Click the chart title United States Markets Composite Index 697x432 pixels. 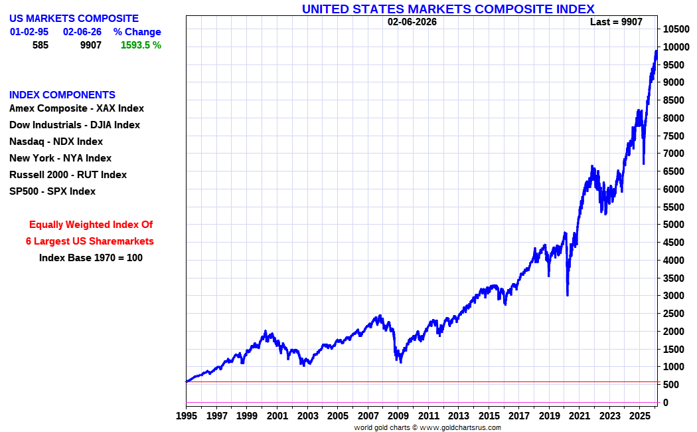(x=448, y=9)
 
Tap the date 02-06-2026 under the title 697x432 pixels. (x=412, y=22)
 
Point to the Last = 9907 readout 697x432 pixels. (x=616, y=22)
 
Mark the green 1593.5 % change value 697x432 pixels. (x=141, y=45)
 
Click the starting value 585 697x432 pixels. (x=40, y=45)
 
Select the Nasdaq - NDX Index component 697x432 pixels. (x=56, y=142)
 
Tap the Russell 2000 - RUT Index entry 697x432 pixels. (x=68, y=175)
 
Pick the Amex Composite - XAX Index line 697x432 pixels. (x=76, y=108)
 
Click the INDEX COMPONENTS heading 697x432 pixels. (x=62, y=94)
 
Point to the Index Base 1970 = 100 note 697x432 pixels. (x=91, y=258)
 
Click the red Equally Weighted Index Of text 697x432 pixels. (x=91, y=225)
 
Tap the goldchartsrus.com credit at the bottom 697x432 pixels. (x=427, y=427)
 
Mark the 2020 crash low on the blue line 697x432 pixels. (x=567, y=295)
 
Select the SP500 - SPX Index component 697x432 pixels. (x=52, y=191)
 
